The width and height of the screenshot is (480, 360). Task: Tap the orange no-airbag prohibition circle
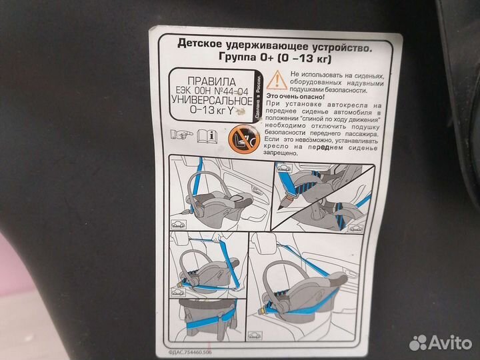[241, 139]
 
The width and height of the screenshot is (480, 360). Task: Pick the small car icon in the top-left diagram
[179, 225]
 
